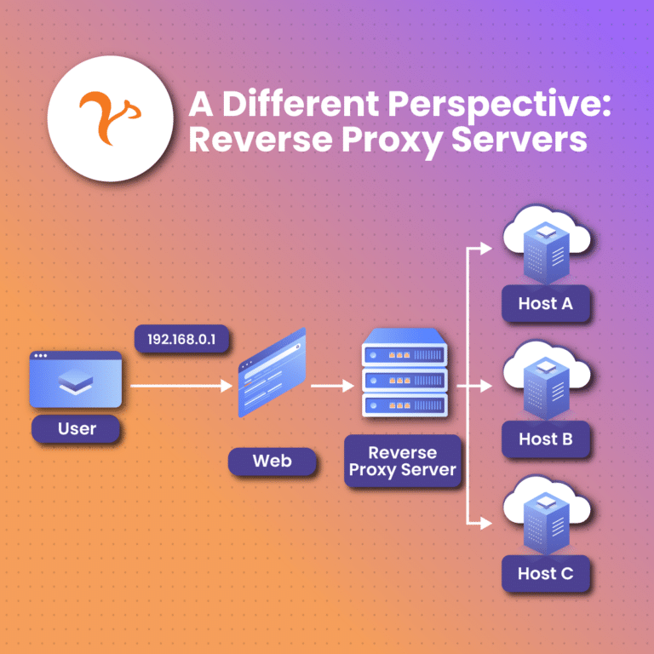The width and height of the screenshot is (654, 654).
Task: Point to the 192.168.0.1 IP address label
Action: click(x=182, y=339)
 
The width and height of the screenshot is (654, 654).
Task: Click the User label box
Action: click(x=77, y=428)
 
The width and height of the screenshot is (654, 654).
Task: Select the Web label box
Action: click(x=272, y=462)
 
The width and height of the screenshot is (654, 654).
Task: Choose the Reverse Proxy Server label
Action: click(x=403, y=461)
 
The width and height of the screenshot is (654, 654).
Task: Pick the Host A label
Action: click(x=545, y=303)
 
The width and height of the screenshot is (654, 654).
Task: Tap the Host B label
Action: click(x=545, y=439)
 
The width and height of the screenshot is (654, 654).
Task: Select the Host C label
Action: click(x=545, y=573)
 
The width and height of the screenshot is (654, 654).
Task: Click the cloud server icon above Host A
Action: click(x=546, y=247)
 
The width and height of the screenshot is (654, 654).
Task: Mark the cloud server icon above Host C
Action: click(x=546, y=516)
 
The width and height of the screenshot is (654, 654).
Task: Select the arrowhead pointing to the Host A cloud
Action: click(x=485, y=249)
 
